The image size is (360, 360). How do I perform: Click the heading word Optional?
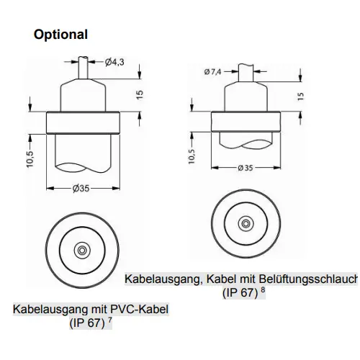pos(60,35)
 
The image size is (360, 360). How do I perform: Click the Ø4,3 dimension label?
pos(114,62)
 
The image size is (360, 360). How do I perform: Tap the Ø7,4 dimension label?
pos(212,71)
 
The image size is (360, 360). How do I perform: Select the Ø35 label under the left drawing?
pos(81,189)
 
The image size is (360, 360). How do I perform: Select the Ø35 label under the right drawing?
pos(246,168)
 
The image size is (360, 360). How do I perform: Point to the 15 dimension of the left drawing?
pos(140,94)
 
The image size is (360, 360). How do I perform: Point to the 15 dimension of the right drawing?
pos(300,96)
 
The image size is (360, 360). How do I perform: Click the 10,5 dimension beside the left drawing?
pos(30,159)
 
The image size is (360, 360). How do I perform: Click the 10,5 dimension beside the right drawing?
pos(192,156)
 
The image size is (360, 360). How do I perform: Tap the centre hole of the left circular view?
pos(82,251)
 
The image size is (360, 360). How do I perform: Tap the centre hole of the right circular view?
pos(246,224)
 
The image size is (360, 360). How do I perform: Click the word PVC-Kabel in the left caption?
pos(139,309)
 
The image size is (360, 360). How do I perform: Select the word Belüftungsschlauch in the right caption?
pos(308,279)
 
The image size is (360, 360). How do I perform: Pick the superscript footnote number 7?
pos(110,320)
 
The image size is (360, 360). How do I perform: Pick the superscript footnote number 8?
pos(263,289)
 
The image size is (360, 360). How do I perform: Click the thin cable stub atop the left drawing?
pos(84,68)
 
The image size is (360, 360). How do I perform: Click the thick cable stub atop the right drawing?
pos(246,73)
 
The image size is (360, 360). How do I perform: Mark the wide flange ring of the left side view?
pos(83,122)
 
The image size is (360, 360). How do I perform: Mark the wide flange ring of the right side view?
pos(246,122)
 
